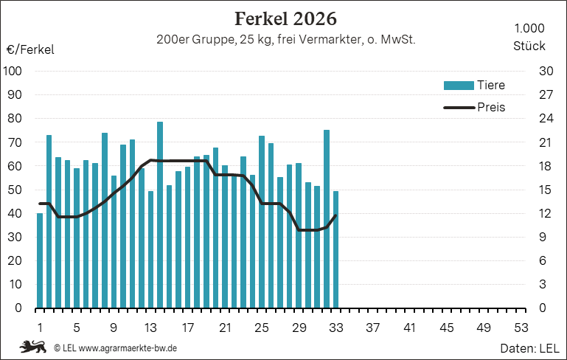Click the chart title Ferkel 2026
tap(285, 19)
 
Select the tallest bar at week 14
tap(160, 215)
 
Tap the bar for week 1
tap(40, 261)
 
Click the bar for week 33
tap(335, 249)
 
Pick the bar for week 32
tap(327, 219)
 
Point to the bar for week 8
tap(105, 221)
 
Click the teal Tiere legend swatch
tap(459, 86)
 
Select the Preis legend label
tap(491, 107)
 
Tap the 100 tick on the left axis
tap(13, 71)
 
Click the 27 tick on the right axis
tap(546, 94)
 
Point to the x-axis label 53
tap(521, 328)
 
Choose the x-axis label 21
tap(225, 328)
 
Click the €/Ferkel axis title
tap(30, 49)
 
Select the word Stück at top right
tap(529, 46)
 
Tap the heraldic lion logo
tap(33, 347)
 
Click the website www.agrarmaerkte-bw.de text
tap(128, 348)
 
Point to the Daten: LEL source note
tap(529, 348)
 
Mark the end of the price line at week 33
tap(335, 215)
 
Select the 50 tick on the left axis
tap(15, 190)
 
